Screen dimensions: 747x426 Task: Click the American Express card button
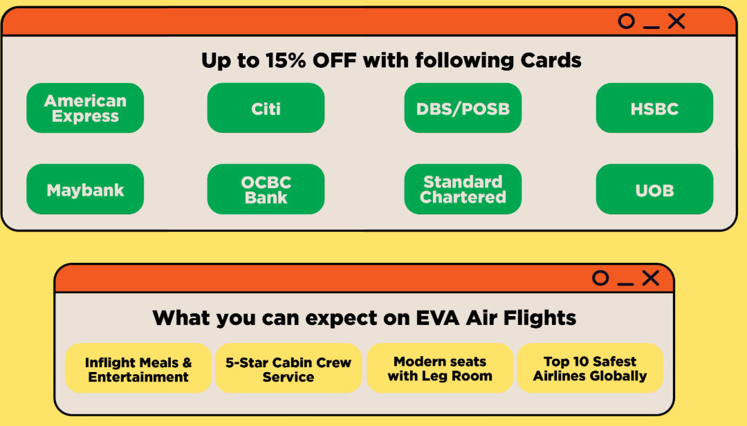pyautogui.click(x=85, y=108)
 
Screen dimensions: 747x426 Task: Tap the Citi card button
pyautogui.click(x=266, y=108)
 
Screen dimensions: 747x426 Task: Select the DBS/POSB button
pyautogui.click(x=463, y=108)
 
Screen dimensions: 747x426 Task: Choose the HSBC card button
pyautogui.click(x=654, y=108)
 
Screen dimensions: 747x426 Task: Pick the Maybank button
pyautogui.click(x=85, y=189)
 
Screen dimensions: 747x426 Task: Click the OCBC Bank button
pyautogui.click(x=266, y=189)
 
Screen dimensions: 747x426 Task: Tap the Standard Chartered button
pyautogui.click(x=463, y=189)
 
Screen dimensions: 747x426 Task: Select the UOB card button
pyautogui.click(x=654, y=189)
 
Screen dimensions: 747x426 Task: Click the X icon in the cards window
pyautogui.click(x=676, y=21)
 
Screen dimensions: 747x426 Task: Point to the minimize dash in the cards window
pyautogui.click(x=652, y=28)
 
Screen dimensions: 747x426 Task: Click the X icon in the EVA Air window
pyautogui.click(x=651, y=278)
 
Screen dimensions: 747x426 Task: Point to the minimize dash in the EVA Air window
pyautogui.click(x=625, y=284)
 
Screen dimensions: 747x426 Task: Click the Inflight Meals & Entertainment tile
pyautogui.click(x=138, y=369)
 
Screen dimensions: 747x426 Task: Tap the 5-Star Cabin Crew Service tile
pyautogui.click(x=288, y=369)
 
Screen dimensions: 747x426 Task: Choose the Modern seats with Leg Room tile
pyautogui.click(x=440, y=369)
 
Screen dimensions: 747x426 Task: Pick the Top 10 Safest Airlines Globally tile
pyautogui.click(x=590, y=369)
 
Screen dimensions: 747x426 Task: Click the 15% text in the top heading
pyautogui.click(x=286, y=61)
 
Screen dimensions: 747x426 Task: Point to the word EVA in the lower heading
pyautogui.click(x=438, y=318)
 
